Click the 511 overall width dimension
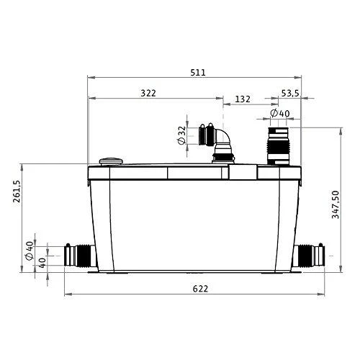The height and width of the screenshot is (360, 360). click(x=198, y=73)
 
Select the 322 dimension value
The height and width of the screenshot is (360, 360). click(x=148, y=93)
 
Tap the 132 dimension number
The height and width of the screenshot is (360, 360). click(x=243, y=99)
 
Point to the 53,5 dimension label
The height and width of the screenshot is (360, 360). click(x=290, y=93)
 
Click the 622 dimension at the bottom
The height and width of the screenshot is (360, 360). click(x=200, y=289)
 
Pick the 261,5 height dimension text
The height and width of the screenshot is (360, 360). click(x=17, y=192)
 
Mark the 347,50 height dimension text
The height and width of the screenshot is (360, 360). click(x=336, y=204)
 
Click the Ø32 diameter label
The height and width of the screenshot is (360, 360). click(x=182, y=135)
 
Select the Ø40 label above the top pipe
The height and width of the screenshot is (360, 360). click(x=280, y=113)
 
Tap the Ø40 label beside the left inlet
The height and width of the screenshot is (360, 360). click(x=30, y=251)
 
